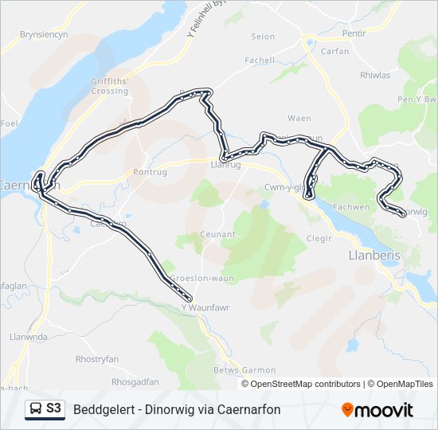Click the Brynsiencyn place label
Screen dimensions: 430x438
tap(44, 35)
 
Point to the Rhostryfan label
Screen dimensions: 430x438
tap(96, 359)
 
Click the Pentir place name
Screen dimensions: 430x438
tap(354, 35)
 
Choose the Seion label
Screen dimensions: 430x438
tap(263, 37)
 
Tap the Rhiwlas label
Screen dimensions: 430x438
tap(375, 76)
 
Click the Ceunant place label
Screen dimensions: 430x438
tap(219, 234)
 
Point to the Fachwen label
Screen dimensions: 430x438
tap(374, 207)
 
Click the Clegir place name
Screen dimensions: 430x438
tap(319, 238)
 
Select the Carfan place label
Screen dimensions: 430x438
tap(334, 50)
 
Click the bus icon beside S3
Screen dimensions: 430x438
tap(36, 409)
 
